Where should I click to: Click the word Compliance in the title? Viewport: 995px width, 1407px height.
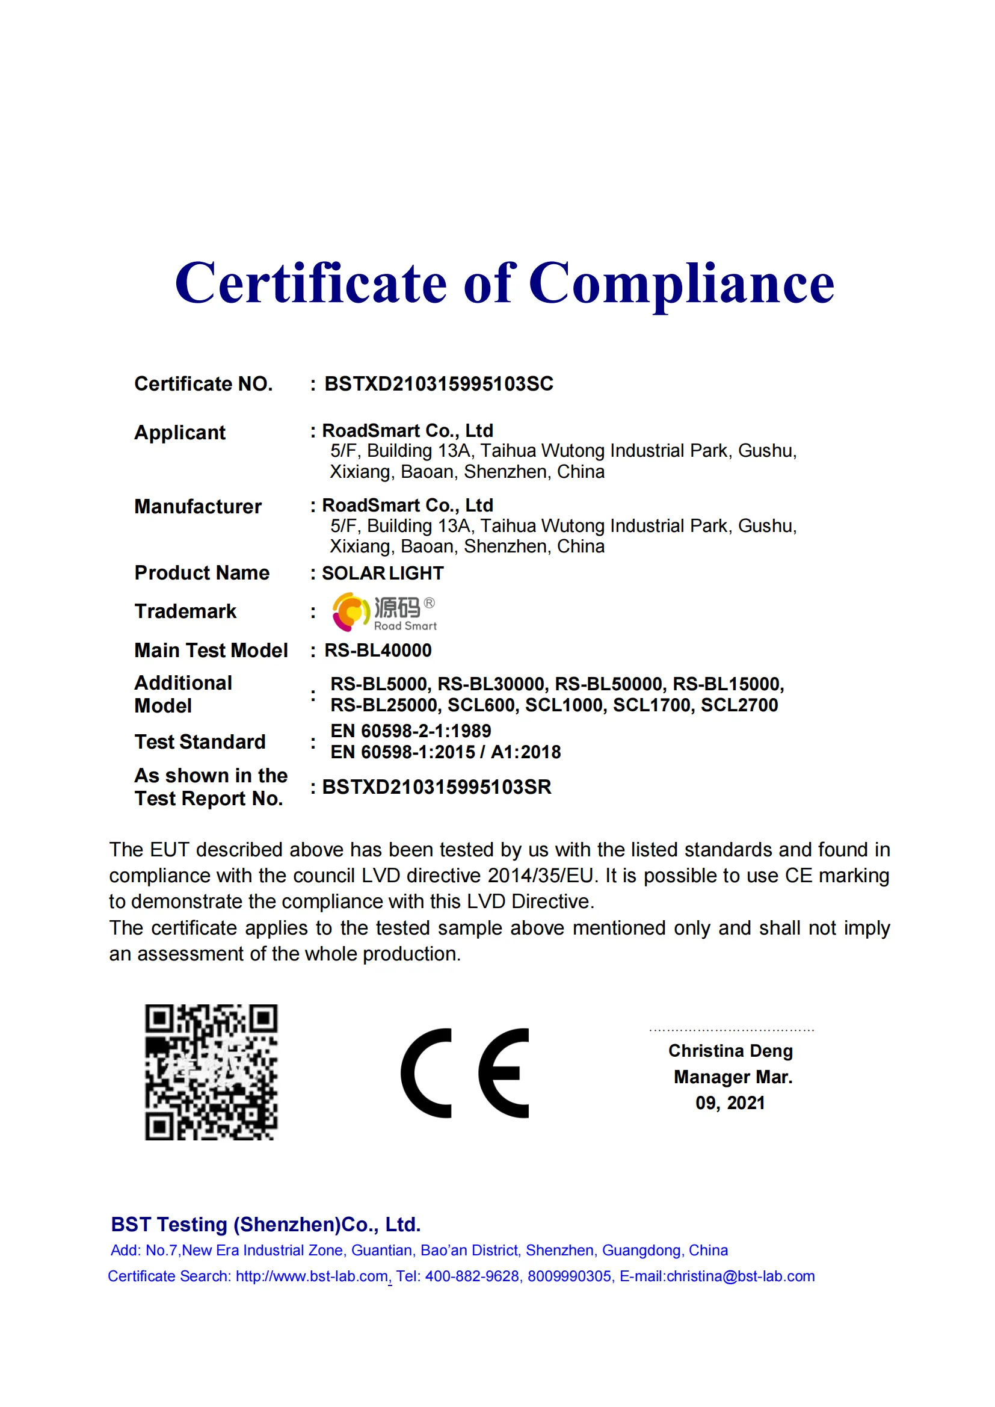click(681, 283)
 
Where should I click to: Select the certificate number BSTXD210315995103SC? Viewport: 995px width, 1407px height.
click(439, 384)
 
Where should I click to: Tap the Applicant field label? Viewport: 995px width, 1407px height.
click(179, 433)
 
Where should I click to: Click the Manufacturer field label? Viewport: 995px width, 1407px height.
click(198, 507)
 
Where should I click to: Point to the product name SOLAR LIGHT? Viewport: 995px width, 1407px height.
click(383, 573)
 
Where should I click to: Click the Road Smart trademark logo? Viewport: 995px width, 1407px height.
click(384, 611)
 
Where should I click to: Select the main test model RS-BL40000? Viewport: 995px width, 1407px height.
click(378, 650)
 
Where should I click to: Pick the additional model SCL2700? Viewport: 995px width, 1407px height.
click(739, 705)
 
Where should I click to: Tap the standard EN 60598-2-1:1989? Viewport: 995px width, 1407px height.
click(410, 731)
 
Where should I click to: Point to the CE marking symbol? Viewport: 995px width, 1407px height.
click(464, 1073)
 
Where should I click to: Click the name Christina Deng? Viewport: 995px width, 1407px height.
click(730, 1051)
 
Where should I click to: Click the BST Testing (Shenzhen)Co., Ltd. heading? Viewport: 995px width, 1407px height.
click(266, 1225)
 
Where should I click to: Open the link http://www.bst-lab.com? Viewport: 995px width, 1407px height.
click(312, 1276)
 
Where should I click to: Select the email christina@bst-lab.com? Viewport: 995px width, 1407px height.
click(740, 1276)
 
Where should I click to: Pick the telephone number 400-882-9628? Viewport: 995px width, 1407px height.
click(472, 1276)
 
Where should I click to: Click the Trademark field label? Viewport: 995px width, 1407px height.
click(185, 611)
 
